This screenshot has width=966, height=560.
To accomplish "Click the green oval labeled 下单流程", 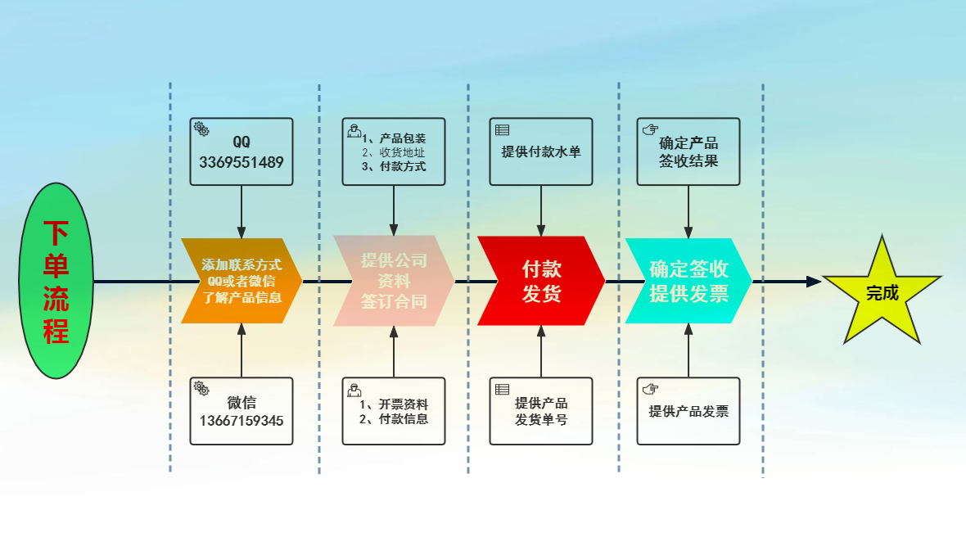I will tap(56, 281).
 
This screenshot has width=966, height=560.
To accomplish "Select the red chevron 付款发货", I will tap(540, 281).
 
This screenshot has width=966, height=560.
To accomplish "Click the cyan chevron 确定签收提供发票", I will tap(688, 281).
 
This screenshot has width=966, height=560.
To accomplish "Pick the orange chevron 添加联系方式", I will tap(241, 281).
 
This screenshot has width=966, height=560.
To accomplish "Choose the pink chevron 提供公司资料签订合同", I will tap(393, 281).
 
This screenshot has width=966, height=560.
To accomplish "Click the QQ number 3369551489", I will tap(241, 162).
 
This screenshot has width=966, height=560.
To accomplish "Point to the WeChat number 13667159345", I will tap(241, 422).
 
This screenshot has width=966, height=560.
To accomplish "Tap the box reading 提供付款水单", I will tap(541, 151).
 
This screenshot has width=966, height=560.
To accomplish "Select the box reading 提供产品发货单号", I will tap(541, 411).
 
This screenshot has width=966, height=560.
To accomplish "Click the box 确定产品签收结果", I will tap(688, 151).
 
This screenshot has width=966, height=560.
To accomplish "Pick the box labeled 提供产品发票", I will tap(688, 411).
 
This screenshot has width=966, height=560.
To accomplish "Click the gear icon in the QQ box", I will tap(201, 129).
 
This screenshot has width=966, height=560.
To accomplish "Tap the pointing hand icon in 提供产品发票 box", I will tap(650, 388).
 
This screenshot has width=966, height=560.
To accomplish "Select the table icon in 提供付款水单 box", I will tap(503, 129).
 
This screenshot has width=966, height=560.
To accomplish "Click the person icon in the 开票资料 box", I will tap(354, 389).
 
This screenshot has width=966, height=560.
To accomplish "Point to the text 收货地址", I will tap(402, 152).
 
